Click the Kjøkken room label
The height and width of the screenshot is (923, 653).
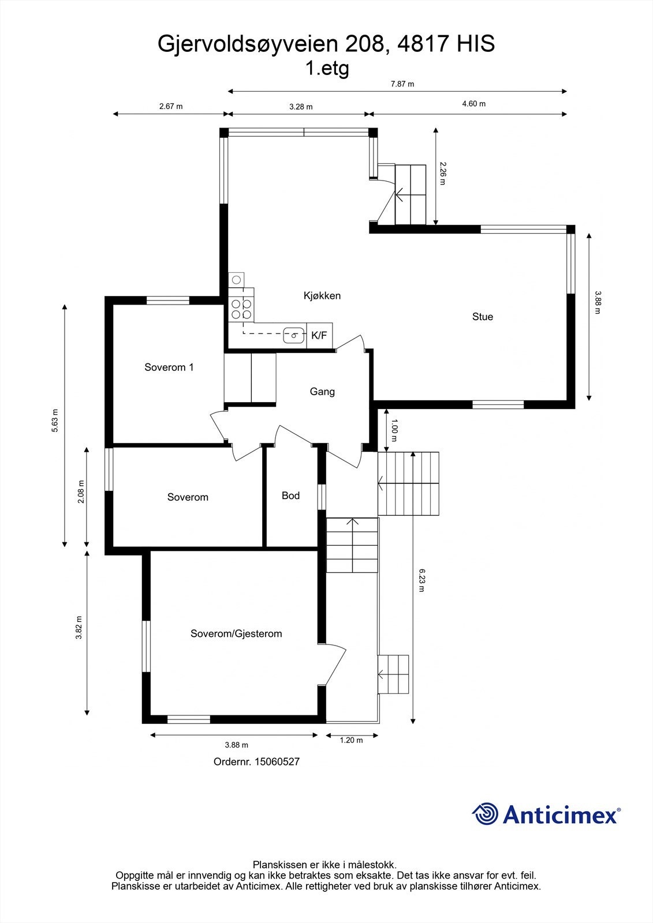click(322, 296)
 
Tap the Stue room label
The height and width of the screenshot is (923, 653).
click(483, 317)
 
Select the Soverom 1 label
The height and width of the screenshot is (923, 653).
click(169, 367)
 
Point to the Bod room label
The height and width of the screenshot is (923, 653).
click(290, 496)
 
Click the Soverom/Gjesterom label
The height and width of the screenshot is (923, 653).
click(236, 634)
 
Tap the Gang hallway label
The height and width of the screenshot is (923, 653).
click(322, 392)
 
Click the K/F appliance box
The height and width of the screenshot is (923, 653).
click(319, 335)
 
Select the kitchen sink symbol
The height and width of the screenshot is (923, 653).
click(294, 335)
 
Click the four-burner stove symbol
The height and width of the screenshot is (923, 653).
click(241, 308)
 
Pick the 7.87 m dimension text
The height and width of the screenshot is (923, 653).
click(402, 84)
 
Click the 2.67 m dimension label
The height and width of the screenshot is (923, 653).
click(171, 106)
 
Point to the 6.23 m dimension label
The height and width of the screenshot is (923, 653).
click(421, 580)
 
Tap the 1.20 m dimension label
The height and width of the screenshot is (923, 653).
click(351, 740)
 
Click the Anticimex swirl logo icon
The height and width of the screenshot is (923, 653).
click(485, 814)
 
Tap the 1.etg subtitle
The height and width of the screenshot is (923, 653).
click(327, 69)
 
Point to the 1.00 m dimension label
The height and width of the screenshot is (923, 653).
click(394, 426)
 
